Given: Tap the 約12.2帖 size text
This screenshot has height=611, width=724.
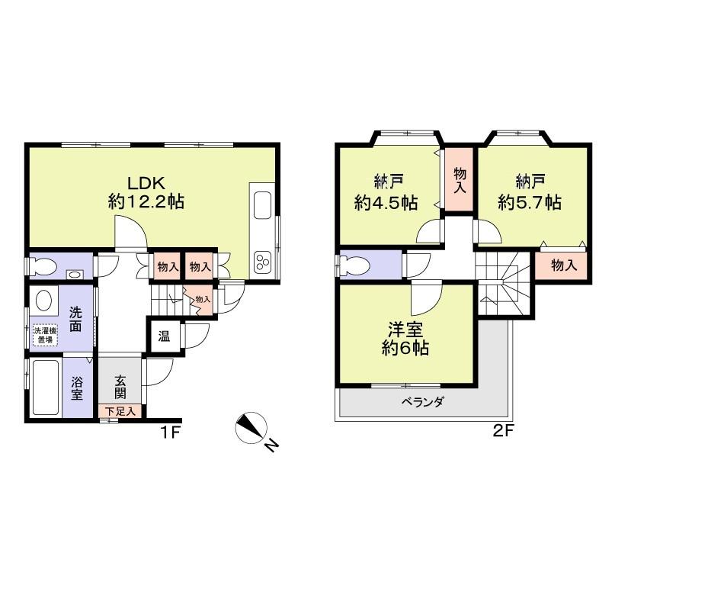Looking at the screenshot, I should point(146,202).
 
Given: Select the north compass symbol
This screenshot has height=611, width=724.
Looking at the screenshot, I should point(251,428).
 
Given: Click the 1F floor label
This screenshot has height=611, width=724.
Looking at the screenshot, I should point(169,432).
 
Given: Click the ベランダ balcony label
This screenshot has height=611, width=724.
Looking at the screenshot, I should point(422,402).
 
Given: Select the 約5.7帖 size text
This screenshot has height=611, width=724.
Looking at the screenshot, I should point(530,202).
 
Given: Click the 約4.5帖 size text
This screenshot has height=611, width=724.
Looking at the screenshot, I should point(386,203).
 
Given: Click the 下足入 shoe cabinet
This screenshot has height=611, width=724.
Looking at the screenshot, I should point(120,411).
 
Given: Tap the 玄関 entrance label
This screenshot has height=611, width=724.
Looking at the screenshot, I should point(120,387).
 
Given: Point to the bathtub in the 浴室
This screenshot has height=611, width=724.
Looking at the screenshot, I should point(45,387).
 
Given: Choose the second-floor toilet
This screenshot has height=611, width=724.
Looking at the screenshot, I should point(354,265).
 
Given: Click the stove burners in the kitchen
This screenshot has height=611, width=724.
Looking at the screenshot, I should point(261,262).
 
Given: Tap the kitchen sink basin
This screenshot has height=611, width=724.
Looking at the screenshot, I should point(261,206).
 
